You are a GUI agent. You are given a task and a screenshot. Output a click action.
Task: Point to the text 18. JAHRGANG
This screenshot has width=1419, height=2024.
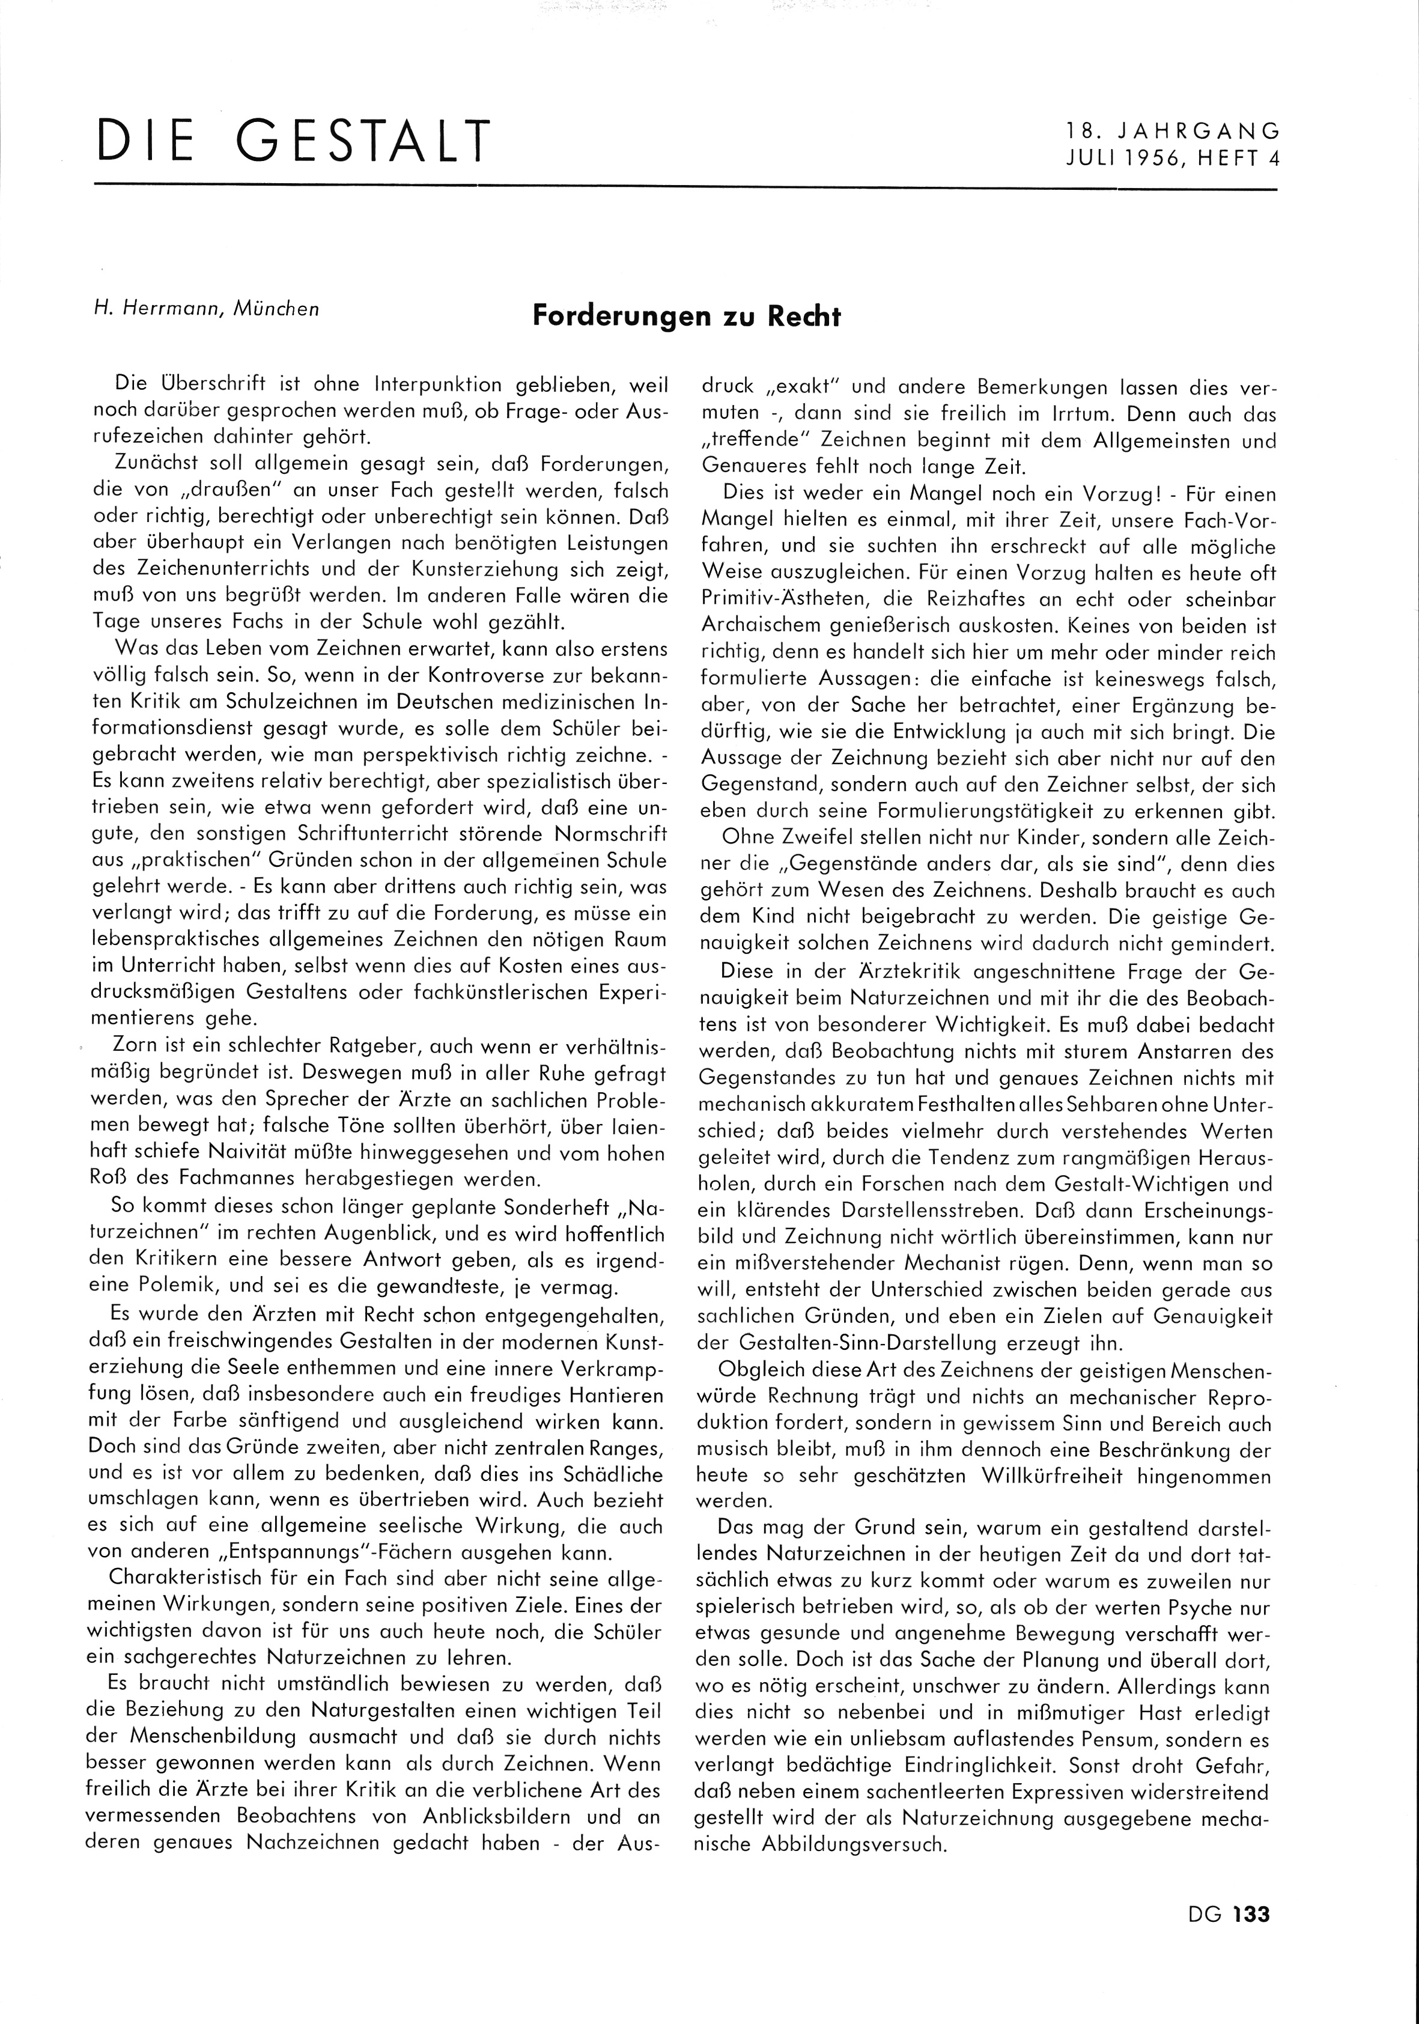point(1172,132)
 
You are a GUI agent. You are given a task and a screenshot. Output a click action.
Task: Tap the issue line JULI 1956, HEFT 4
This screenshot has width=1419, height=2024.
point(1172,160)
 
